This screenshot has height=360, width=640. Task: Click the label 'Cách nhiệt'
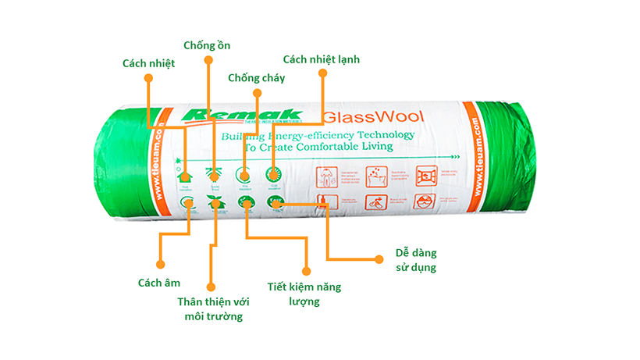point(149,62)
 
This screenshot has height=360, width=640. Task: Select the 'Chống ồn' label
point(207,45)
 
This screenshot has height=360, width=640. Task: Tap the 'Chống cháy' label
point(256,77)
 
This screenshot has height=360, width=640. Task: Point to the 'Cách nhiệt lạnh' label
point(322,59)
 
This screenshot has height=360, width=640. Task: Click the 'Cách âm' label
point(159,283)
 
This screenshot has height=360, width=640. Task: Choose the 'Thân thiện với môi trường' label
point(210,308)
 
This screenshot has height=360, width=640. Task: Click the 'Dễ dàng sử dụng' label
point(415,260)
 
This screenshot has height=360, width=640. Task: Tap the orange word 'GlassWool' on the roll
point(372,119)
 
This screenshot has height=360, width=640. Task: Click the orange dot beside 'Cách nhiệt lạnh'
point(322,73)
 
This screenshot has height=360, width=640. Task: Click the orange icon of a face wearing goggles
point(425,200)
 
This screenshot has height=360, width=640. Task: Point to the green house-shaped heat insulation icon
point(185,177)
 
